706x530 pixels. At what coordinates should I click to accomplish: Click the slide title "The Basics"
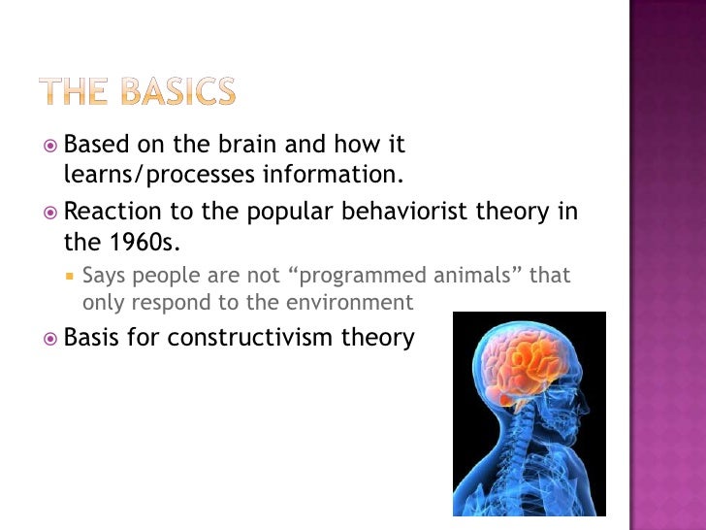(137, 92)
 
